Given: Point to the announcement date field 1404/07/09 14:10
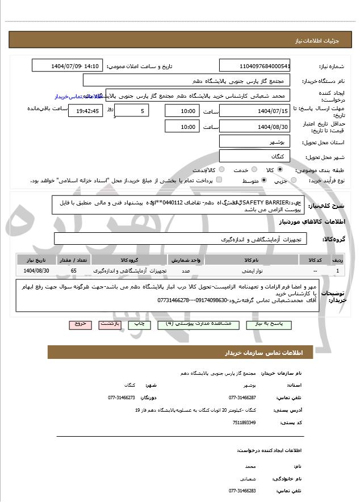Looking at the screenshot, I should coord(68,66).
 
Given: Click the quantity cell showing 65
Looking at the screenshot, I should coord(74,271).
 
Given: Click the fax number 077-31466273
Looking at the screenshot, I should coord(122,398).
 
